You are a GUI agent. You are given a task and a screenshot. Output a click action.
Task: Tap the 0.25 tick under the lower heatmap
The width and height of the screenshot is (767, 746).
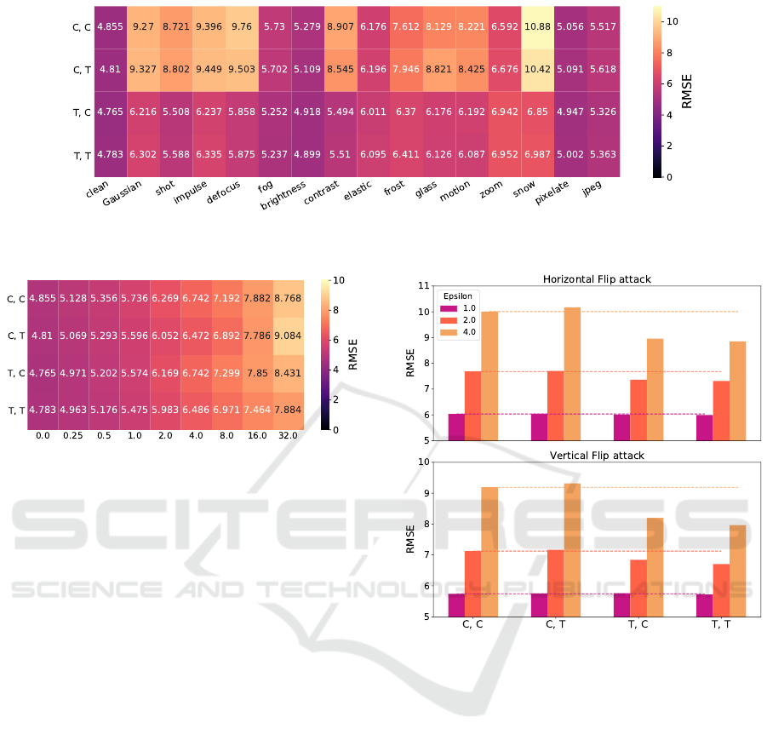coord(74,435)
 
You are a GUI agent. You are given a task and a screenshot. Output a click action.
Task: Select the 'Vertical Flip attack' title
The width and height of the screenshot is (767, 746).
coord(594,456)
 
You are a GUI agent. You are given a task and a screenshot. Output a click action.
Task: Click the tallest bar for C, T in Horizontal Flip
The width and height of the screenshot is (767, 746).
coord(573,374)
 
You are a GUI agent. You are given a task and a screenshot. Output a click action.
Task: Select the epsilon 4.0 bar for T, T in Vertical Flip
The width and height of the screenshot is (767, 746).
coord(737,571)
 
